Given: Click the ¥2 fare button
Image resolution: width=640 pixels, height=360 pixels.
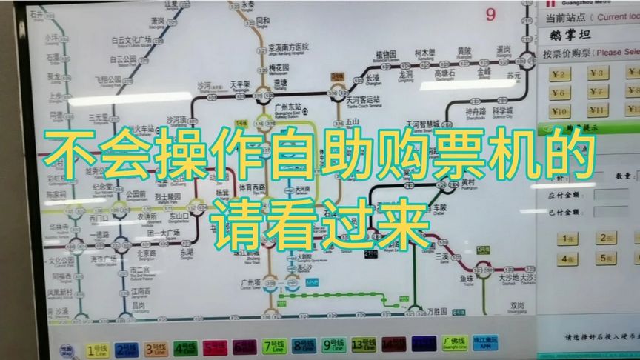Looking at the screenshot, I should (x=561, y=73).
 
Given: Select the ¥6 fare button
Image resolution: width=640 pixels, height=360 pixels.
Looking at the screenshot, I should (x=561, y=93).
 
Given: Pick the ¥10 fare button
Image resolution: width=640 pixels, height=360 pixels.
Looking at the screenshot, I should (x=561, y=111).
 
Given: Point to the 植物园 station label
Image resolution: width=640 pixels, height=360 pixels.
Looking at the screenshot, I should (x=387, y=54).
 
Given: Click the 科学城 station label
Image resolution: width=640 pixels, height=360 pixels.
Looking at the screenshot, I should (x=503, y=112).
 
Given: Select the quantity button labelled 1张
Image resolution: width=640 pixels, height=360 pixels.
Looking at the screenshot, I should (x=569, y=239).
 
